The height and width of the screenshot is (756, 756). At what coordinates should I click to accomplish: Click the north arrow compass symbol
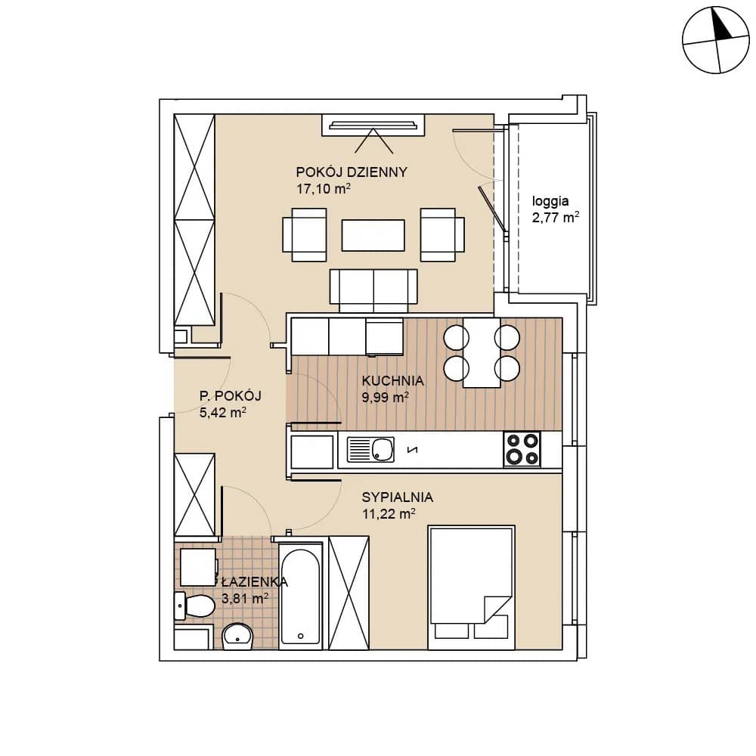click(716, 40)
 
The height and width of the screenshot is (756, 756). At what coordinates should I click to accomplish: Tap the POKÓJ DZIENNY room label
click(352, 172)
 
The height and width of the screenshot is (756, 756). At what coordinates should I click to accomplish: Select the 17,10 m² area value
click(323, 188)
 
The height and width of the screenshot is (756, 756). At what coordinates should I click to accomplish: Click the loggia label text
click(550, 201)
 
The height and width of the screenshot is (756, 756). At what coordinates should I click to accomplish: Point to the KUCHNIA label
click(392, 380)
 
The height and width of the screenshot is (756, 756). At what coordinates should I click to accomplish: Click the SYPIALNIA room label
click(398, 497)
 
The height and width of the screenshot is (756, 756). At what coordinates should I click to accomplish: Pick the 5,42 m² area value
click(223, 412)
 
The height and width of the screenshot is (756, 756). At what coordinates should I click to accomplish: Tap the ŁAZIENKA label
click(255, 582)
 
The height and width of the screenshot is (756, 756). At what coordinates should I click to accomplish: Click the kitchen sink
click(370, 449)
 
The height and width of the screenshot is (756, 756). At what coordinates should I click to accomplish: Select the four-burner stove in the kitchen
click(522, 449)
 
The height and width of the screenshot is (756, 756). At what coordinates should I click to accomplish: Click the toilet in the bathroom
click(194, 606)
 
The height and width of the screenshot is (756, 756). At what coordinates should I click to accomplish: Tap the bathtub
click(301, 596)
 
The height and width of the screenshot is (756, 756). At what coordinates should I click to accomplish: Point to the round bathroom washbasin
click(237, 636)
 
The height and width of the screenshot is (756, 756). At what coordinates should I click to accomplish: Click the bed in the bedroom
click(471, 587)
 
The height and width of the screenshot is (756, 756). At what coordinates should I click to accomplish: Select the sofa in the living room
click(373, 291)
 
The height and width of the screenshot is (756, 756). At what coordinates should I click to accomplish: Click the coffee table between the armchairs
click(373, 235)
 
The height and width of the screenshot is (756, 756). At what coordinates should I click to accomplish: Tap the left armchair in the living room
click(305, 235)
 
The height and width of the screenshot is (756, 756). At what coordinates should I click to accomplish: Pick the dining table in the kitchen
click(482, 352)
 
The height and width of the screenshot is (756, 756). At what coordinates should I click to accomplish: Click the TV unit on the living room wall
click(373, 125)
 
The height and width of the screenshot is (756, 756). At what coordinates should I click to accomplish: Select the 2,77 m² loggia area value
click(556, 218)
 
